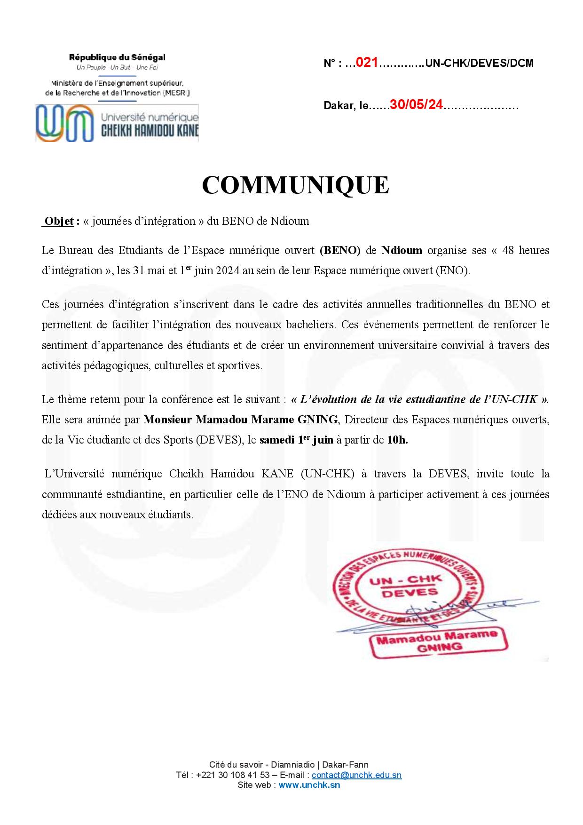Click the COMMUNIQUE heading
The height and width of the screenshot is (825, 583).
[295, 185]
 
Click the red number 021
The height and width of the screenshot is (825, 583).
[367, 63]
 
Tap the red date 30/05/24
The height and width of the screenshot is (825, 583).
[417, 105]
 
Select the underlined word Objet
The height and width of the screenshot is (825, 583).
[59, 221]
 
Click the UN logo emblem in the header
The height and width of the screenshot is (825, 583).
[63, 123]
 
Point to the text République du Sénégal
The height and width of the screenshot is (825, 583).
[117, 58]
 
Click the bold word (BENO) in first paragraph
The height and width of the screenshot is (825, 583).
[340, 250]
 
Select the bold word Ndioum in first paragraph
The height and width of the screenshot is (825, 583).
[402, 250]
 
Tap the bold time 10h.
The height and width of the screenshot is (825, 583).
[397, 440]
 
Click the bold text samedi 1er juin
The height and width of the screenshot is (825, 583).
[296, 440]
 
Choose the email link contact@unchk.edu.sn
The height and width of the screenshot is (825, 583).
[356, 775]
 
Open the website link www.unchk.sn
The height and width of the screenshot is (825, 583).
[309, 785]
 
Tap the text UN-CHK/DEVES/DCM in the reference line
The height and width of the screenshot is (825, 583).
[479, 63]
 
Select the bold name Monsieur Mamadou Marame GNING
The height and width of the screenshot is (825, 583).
[240, 420]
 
